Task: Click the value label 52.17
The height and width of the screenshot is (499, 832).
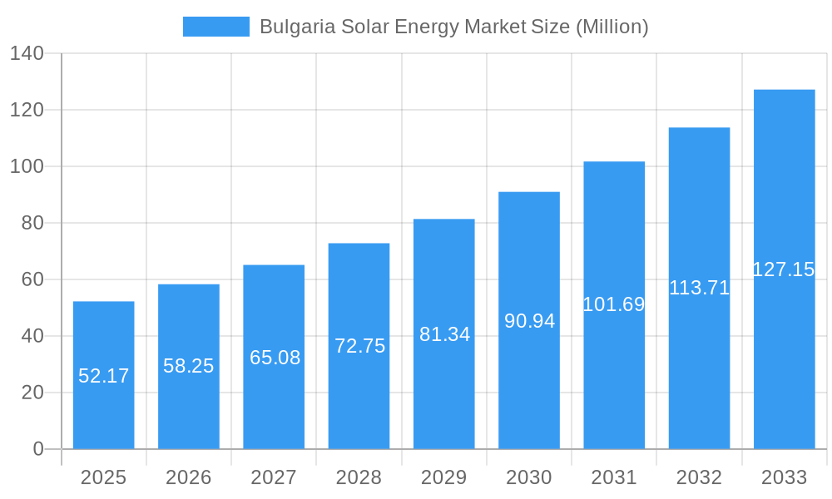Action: [x=104, y=376]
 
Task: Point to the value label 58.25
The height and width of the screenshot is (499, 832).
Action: [x=189, y=366]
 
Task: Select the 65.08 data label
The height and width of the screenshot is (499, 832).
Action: [x=275, y=358]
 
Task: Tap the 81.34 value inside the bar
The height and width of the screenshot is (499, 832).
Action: [x=444, y=334]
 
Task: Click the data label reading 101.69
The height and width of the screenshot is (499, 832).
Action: [x=614, y=304]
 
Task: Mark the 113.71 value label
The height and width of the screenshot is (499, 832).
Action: [x=699, y=288]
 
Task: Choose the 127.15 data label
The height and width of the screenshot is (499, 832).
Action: [x=784, y=269]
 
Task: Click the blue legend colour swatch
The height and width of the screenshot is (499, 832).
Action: [x=216, y=27]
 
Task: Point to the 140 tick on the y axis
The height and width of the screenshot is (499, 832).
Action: [x=27, y=53]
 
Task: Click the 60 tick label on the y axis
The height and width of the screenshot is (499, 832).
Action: [x=32, y=279]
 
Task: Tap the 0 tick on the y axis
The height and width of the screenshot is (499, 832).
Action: [x=38, y=449]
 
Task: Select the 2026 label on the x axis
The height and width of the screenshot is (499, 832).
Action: [x=189, y=477]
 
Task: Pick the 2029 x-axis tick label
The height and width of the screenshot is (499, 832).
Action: [x=444, y=477]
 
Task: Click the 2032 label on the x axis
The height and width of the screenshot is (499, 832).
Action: [x=699, y=477]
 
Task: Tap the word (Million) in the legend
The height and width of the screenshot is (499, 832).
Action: [x=612, y=27]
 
